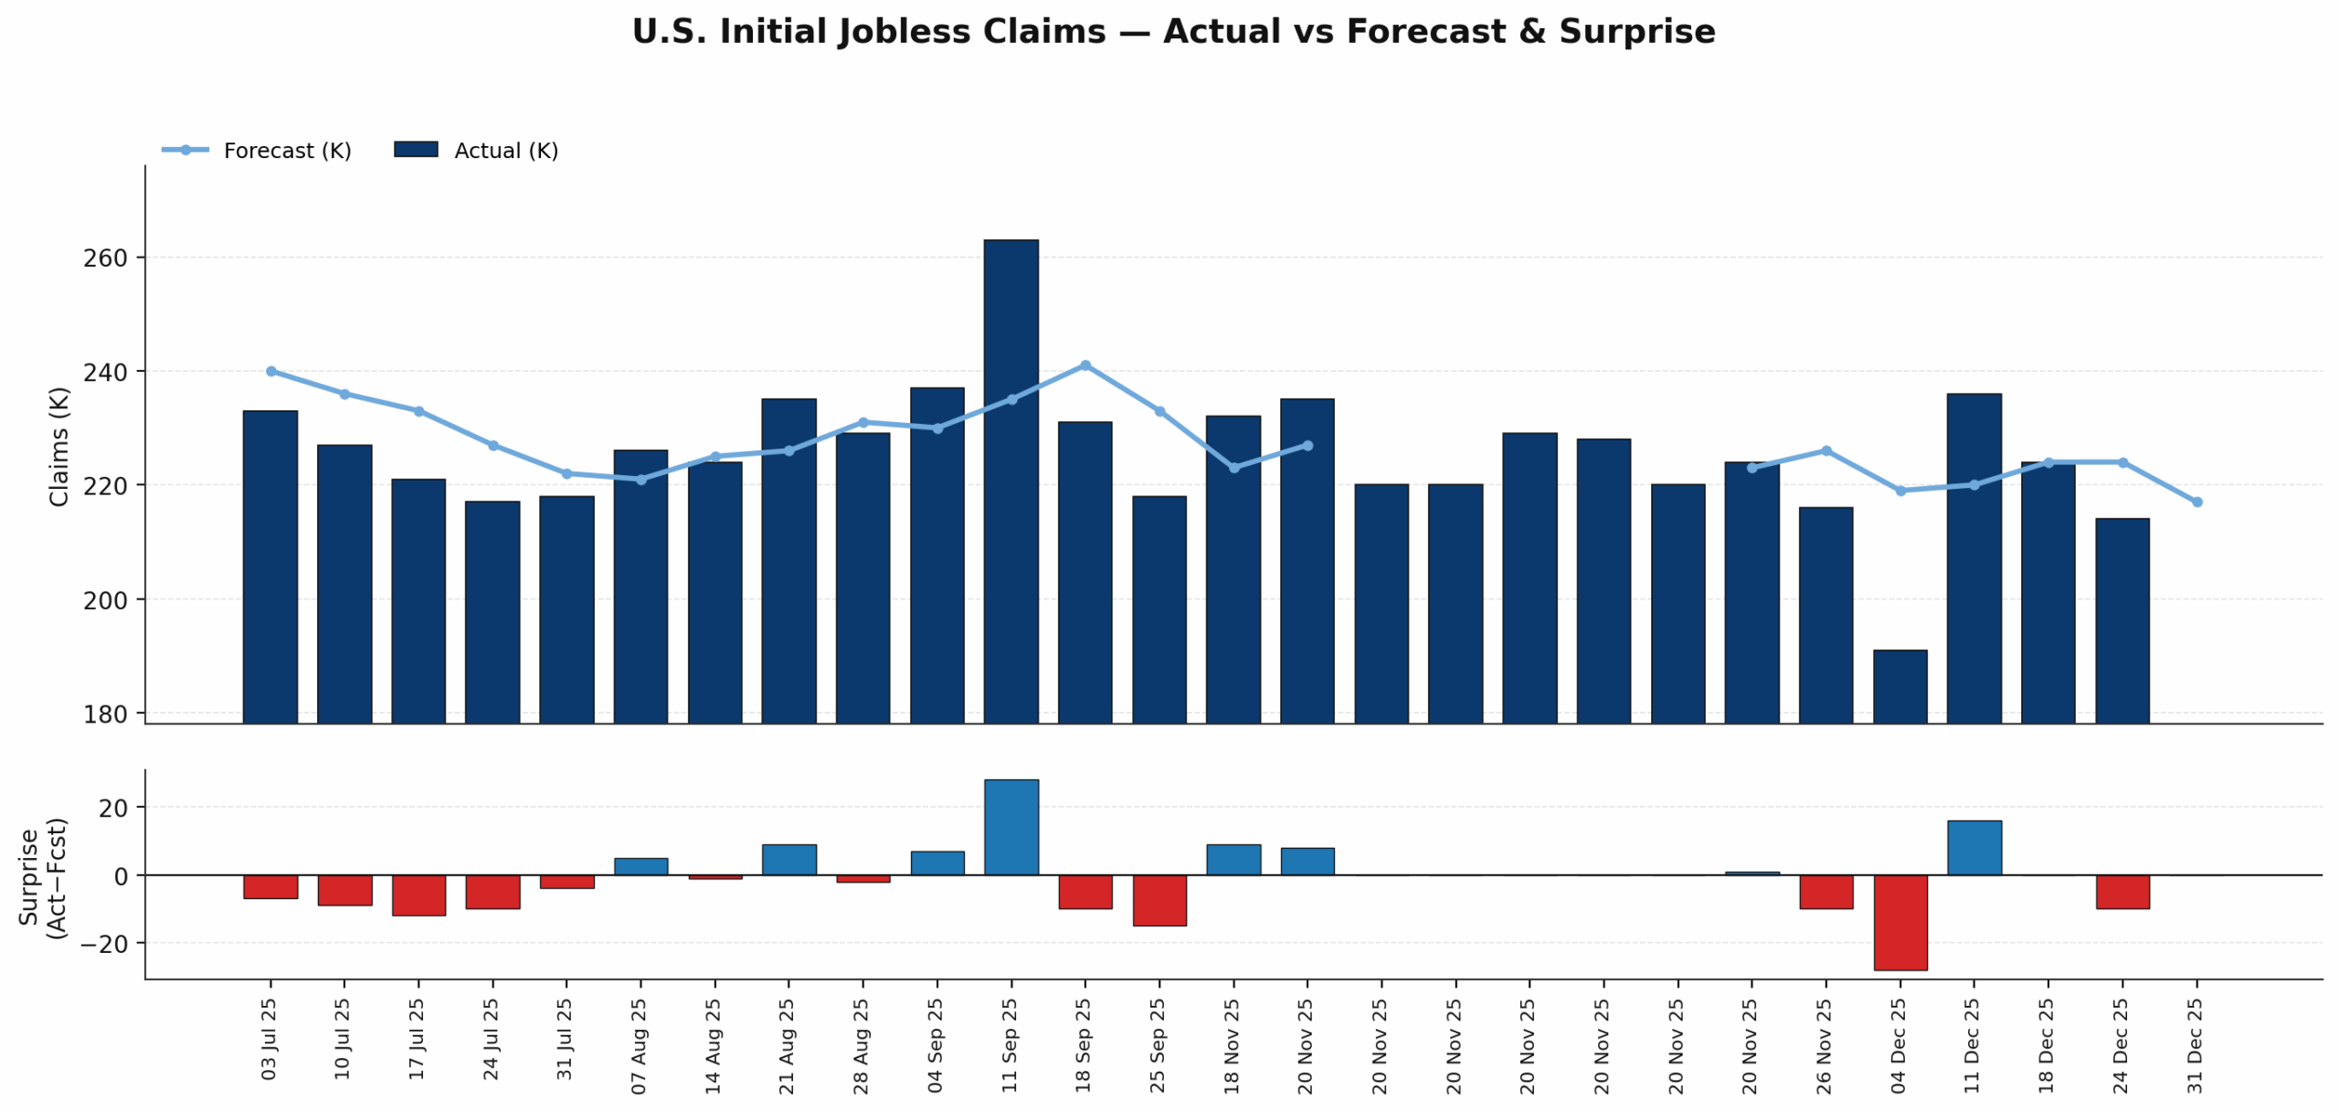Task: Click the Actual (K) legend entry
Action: (x=476, y=151)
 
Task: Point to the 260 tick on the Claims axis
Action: (x=105, y=259)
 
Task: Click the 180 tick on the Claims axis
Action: (x=105, y=714)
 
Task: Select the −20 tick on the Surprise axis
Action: (x=103, y=944)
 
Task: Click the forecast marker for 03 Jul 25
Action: (x=270, y=371)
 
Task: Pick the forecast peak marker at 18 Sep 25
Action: (x=1085, y=365)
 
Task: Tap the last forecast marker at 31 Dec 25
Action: (x=2196, y=502)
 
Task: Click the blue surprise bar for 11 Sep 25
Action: (x=1011, y=827)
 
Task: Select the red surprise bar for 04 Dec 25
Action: (x=1900, y=922)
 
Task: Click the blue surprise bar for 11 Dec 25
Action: (x=1974, y=848)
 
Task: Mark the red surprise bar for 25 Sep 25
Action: (x=1159, y=900)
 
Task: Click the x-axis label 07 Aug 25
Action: (x=639, y=1045)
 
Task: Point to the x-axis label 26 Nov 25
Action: (x=1824, y=1045)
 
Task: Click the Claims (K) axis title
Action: (x=59, y=446)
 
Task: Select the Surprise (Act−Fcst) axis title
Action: (x=43, y=877)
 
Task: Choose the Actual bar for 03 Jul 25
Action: (x=270, y=566)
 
